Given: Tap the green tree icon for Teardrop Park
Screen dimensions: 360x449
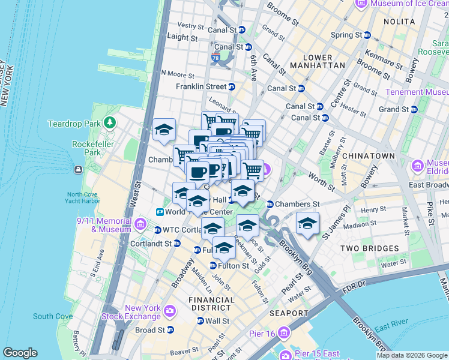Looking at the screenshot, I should click(109, 124).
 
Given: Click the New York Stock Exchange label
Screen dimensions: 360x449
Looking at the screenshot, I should click(141, 311).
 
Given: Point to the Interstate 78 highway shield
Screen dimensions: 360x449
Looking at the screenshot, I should click(215, 58).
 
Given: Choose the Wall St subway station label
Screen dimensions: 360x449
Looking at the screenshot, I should click(217, 321).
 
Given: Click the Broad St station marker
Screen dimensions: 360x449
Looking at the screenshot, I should click(170, 330).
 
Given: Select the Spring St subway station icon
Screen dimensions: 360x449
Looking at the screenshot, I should click(367, 35).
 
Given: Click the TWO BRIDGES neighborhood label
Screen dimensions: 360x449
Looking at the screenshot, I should click(369, 248).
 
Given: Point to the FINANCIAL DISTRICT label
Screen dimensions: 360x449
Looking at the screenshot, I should click(211, 304).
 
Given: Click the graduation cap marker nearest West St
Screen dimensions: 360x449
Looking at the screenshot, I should click(163, 130).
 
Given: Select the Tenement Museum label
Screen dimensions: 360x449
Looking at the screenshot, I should click(416, 92).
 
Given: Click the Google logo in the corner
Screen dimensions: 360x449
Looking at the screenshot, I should click(20, 353).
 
